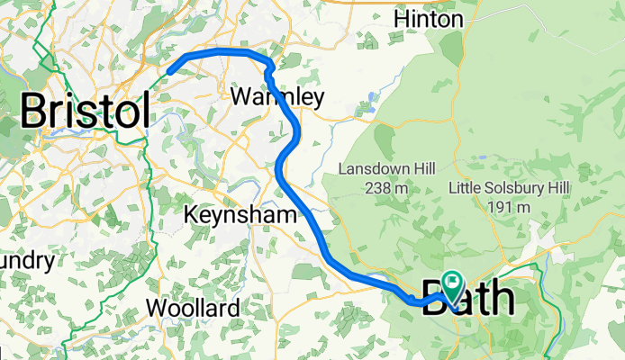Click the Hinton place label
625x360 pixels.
[429, 19]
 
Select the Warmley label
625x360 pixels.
[276, 95]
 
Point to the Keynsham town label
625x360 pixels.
[240, 215]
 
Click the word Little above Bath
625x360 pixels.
[468, 188]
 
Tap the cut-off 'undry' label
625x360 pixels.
[27, 261]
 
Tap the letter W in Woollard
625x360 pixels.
[157, 308]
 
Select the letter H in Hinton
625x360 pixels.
[402, 19]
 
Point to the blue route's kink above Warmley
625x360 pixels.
[269, 66]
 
